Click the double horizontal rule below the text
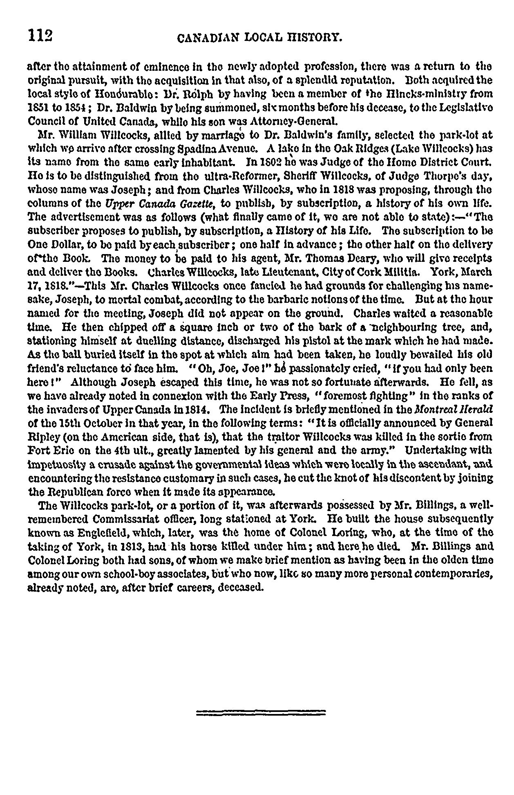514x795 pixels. pyautogui.click(x=261, y=712)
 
